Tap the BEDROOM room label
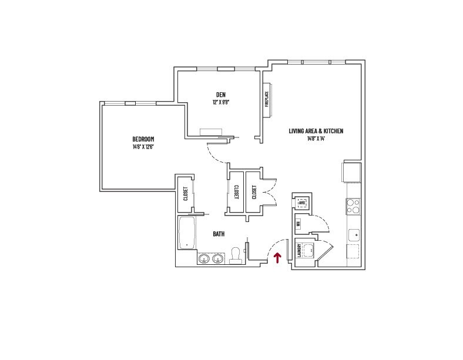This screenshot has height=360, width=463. (x=143, y=139)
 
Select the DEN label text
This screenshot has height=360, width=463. (x=220, y=95)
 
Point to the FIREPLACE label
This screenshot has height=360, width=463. (x=266, y=99)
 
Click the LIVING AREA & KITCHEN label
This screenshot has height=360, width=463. (x=316, y=131)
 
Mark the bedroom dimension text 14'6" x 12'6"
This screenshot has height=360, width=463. (x=143, y=147)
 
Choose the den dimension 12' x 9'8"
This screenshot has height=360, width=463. (x=220, y=102)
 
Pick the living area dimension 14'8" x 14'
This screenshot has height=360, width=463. (x=316, y=139)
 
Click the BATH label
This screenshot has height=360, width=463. (x=219, y=234)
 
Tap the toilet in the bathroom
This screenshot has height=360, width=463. (x=236, y=254)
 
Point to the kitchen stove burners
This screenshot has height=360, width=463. (x=354, y=206)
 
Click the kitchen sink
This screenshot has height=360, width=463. (x=354, y=235)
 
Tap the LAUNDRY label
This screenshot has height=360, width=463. (x=300, y=250)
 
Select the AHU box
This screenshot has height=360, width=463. (x=302, y=203)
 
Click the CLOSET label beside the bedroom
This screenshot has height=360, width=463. (x=186, y=194)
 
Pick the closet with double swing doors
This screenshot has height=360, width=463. (x=254, y=192)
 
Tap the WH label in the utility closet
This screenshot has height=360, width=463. (x=298, y=224)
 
